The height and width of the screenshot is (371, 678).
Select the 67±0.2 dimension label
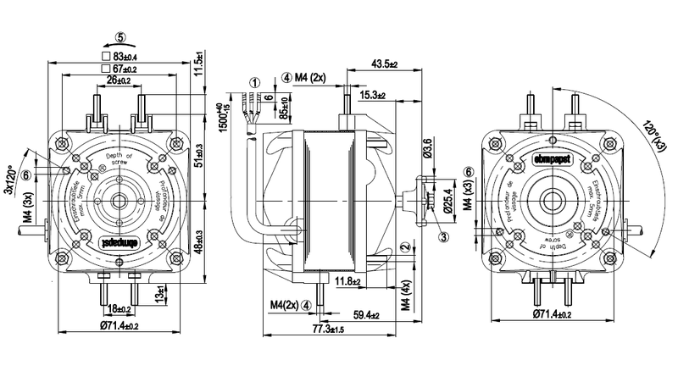[x=125, y=68]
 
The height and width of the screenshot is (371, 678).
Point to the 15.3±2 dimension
[x=370, y=96]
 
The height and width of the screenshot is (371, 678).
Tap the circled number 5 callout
[x=120, y=36]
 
